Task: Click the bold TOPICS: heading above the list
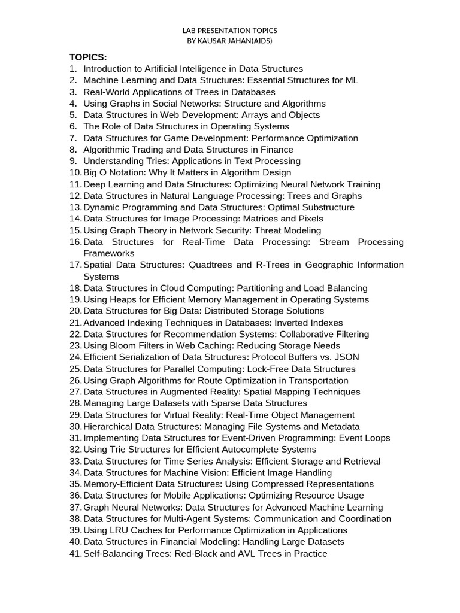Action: (x=88, y=57)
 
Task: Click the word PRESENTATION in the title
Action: (x=229, y=30)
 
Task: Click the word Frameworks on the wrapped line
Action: (x=108, y=253)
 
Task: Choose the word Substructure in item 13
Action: (x=327, y=207)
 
